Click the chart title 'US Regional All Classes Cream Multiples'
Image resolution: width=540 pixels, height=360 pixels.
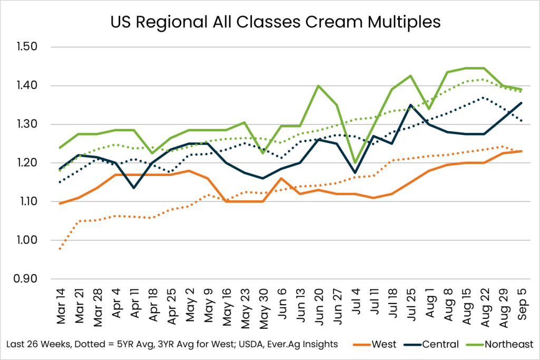[275, 22]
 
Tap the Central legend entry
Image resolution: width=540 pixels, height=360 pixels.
[431, 344]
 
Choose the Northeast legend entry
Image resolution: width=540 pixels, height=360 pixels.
[499, 344]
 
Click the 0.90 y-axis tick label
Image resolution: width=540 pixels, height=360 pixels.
[25, 279]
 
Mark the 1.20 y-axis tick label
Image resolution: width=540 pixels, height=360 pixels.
[27, 162]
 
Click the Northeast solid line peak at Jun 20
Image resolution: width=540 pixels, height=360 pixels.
[319, 86]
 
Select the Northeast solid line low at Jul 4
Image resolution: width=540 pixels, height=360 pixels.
[355, 163]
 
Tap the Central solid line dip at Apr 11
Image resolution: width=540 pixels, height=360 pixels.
[134, 188]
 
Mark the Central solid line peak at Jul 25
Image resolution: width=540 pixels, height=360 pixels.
[410, 105]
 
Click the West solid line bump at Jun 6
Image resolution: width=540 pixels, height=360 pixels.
[282, 178]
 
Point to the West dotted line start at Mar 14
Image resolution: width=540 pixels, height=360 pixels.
[60, 248]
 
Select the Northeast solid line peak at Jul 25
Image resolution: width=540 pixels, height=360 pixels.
[410, 76]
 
